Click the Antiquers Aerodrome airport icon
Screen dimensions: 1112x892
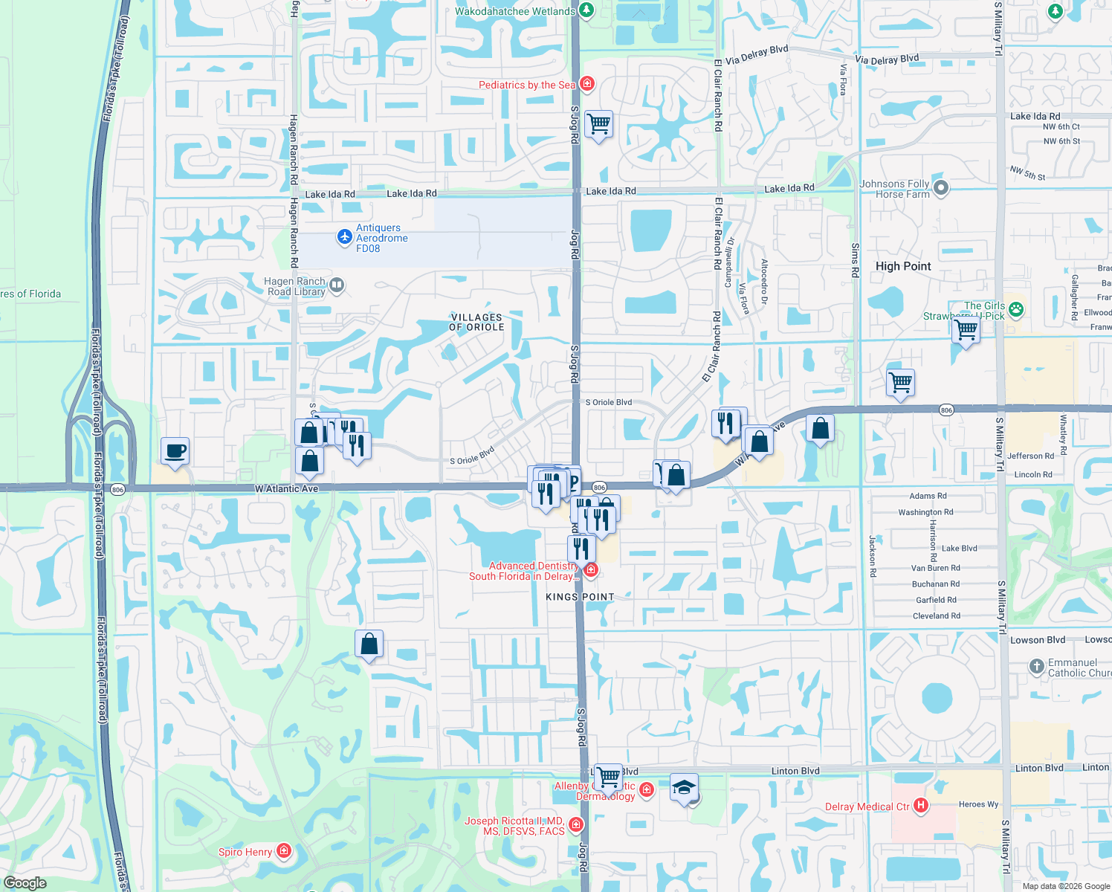coord(344,236)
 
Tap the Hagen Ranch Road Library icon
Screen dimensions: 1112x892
coord(336,285)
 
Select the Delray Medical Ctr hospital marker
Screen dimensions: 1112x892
coord(921,805)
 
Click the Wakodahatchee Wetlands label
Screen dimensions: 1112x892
coord(514,11)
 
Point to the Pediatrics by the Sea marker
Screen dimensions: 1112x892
coord(587,83)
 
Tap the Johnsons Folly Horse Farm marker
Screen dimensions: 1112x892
coord(941,188)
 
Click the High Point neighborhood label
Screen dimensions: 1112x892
coord(902,266)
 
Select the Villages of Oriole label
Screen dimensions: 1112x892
coord(476,322)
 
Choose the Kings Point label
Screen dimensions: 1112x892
coord(580,597)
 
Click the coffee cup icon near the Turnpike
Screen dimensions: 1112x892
coord(175,450)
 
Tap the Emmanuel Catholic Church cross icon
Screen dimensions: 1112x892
coord(1037,666)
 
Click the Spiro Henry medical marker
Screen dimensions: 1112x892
coord(283,850)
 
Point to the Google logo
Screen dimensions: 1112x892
coord(25,883)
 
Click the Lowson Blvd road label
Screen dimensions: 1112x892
coord(1038,640)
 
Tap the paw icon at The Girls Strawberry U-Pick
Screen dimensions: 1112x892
coord(1016,309)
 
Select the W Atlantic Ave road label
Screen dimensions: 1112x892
coord(286,488)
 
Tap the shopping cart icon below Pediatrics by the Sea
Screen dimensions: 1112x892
coord(598,123)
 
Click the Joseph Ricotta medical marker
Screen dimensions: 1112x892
coord(575,824)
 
